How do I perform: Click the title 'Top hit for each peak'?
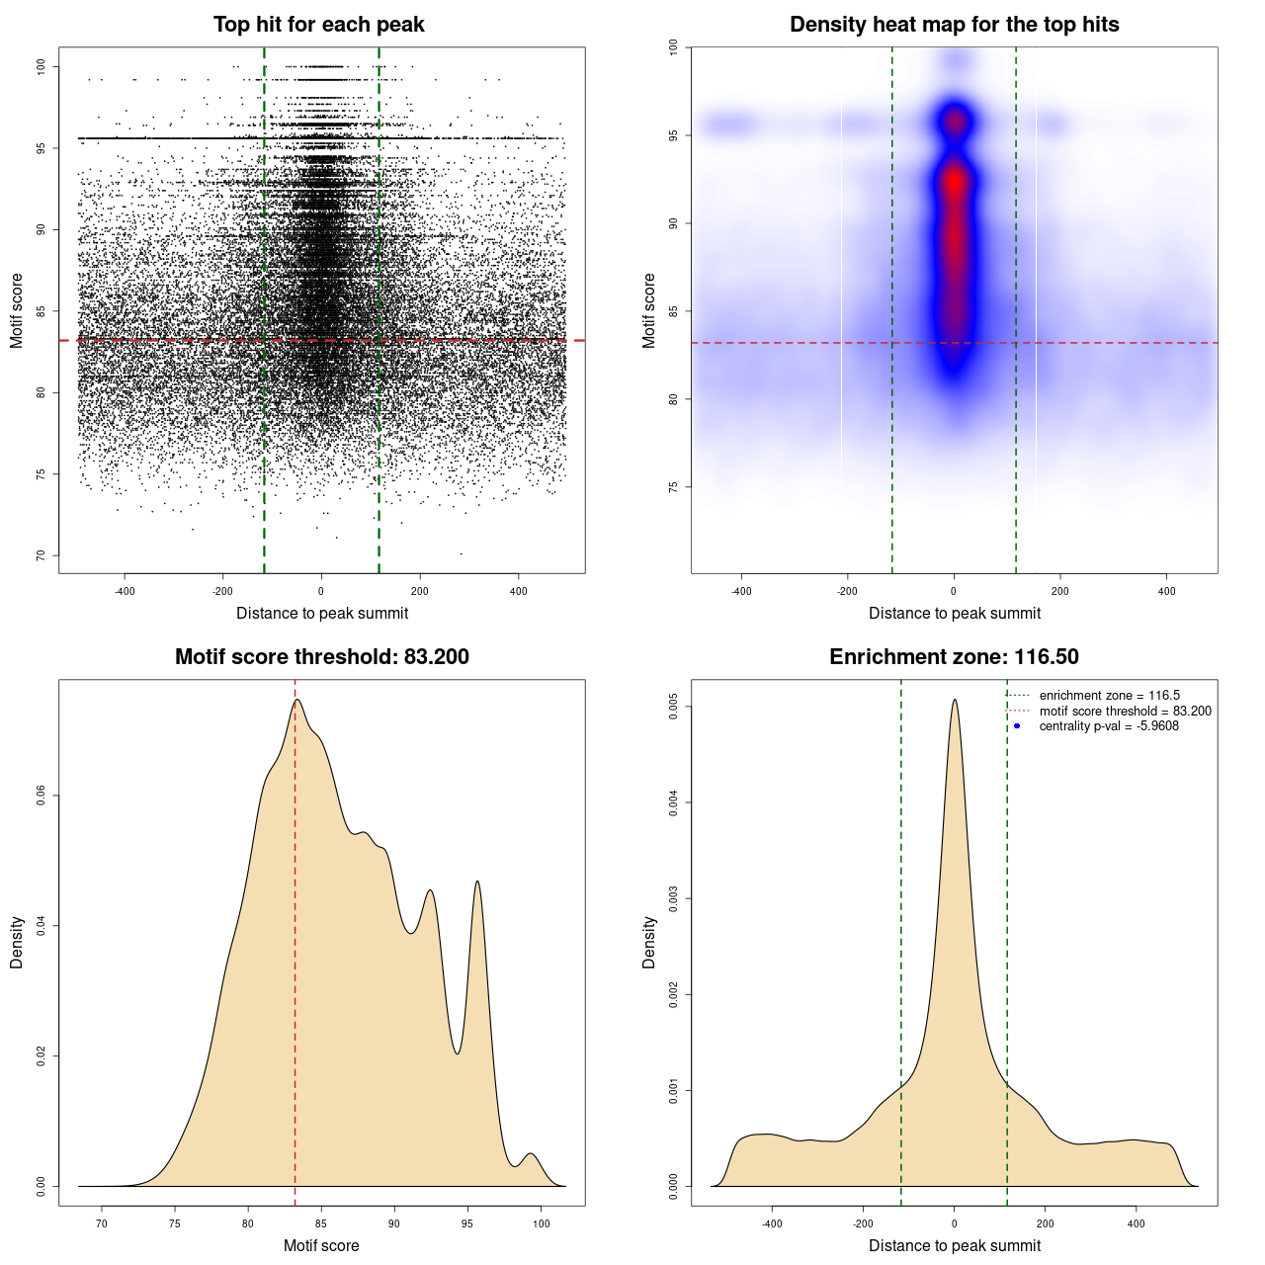coord(318,25)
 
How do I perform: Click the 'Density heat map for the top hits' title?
coord(954,25)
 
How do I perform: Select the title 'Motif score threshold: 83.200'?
coord(321,657)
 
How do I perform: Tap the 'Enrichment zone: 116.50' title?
coord(954,657)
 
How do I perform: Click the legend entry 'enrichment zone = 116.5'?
coord(1109,696)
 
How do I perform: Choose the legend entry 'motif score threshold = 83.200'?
coord(1125,711)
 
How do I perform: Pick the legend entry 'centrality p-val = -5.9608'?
coord(1109,726)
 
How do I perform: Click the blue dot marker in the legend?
coord(1017,726)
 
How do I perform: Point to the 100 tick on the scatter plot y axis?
coord(42,66)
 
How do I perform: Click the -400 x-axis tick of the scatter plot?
coord(126,591)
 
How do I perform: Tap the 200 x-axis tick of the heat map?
coord(1060,591)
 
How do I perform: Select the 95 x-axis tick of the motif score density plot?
coord(467,1223)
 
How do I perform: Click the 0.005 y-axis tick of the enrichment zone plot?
coord(674,707)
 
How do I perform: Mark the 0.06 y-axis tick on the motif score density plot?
coord(42,796)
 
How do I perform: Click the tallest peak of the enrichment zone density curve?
coord(955,701)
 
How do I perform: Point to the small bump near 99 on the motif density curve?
coord(531,1154)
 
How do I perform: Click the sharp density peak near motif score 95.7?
coord(477,882)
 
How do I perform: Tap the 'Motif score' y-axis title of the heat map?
coord(649,310)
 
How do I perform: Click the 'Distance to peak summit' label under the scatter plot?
coord(322,614)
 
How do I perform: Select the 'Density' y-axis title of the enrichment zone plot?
coord(649,942)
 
